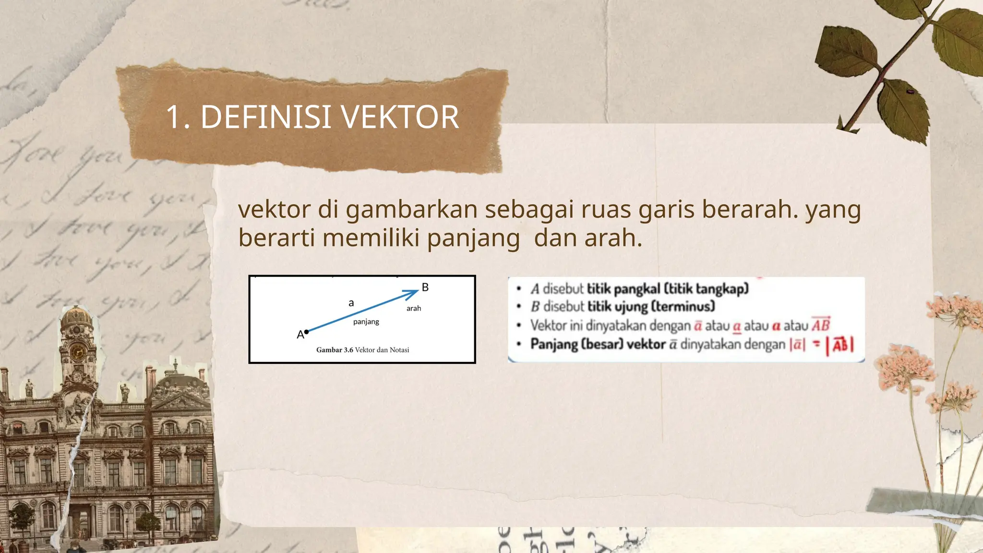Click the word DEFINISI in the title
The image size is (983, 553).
click(265, 117)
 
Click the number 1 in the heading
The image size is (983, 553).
click(174, 117)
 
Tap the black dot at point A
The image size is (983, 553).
click(306, 332)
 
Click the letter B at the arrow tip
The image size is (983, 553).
click(425, 288)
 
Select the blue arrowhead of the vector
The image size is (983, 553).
click(413, 293)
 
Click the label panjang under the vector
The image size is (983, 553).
click(366, 322)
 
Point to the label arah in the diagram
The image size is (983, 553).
click(413, 308)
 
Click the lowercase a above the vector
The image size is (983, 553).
click(351, 303)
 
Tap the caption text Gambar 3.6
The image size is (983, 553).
click(335, 350)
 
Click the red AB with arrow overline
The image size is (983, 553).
click(820, 325)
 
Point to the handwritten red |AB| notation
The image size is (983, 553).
click(840, 345)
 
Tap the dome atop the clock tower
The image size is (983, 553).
click(77, 316)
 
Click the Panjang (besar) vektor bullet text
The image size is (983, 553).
click(598, 344)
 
